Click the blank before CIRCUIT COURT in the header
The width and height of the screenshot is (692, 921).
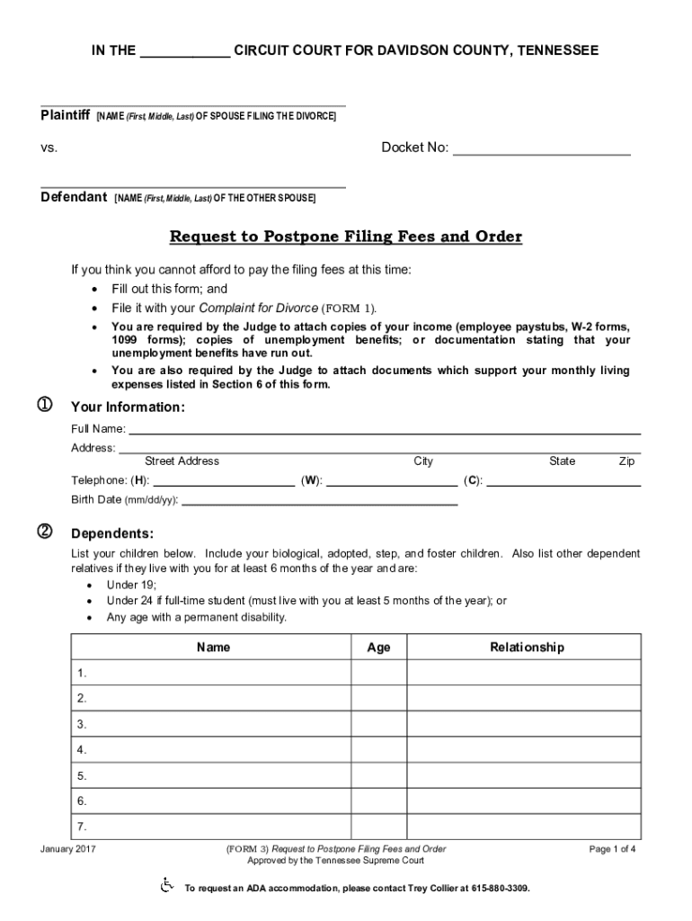[184, 52]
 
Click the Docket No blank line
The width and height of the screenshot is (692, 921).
[541, 149]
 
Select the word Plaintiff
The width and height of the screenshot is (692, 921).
[66, 116]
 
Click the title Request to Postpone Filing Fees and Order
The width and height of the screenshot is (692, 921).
[346, 237]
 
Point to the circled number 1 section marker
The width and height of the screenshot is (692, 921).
[42, 407]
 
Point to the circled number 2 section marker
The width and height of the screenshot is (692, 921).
[42, 531]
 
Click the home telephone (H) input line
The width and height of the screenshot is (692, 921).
[223, 480]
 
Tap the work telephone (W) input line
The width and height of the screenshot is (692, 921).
[391, 480]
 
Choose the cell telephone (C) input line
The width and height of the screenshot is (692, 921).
[563, 480]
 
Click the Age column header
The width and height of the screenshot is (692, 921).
[378, 648]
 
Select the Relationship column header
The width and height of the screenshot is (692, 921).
[526, 648]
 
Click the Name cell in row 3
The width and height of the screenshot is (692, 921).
[211, 724]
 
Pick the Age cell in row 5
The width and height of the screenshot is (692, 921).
[378, 775]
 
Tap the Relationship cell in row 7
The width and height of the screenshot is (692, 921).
[526, 827]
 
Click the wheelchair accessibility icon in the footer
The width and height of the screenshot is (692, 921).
[166, 887]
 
